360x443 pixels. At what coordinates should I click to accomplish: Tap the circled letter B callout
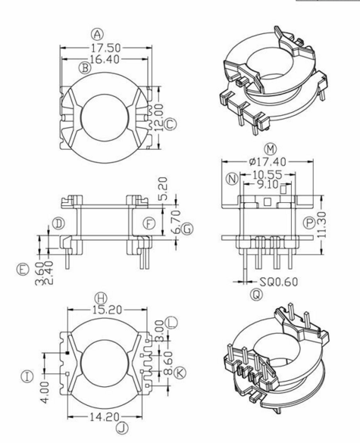85,68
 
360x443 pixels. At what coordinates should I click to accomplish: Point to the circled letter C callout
170,123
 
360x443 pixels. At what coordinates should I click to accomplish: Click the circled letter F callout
149,223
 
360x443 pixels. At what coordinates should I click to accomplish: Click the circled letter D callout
58,223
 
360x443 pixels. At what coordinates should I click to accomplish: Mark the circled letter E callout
22,269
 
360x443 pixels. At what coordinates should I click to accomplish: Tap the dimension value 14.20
101,416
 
